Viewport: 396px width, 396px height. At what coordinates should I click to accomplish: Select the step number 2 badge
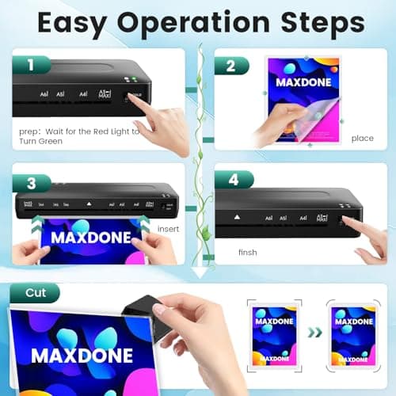pos(230,66)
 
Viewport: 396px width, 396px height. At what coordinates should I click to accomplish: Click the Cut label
pos(36,293)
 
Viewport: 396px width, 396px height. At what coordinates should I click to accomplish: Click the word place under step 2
pos(362,139)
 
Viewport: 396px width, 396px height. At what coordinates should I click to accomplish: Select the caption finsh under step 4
pos(247,253)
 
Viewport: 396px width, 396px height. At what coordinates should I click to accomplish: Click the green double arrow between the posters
pos(314,333)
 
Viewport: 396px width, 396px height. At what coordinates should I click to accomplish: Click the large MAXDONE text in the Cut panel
pos(82,353)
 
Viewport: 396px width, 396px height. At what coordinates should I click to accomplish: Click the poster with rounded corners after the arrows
pos(353,333)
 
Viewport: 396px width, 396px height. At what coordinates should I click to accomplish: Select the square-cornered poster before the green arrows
pos(274,333)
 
